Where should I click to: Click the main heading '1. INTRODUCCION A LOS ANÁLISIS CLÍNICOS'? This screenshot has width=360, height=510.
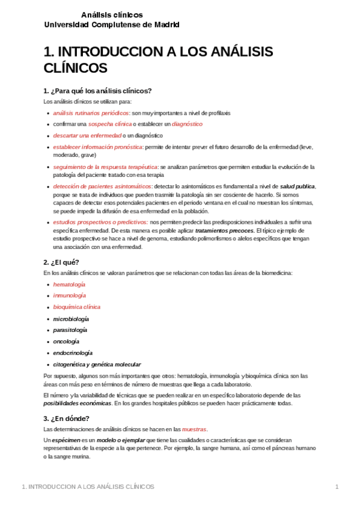coord(159,59)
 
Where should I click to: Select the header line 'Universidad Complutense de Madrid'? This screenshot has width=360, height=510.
coord(112,25)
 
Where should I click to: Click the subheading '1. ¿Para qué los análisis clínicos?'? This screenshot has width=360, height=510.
coord(97,91)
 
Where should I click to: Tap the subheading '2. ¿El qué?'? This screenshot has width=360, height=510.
coord(61,262)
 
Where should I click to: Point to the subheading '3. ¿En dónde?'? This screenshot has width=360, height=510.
coord(66,419)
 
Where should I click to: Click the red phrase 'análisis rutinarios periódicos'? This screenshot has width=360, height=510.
coord(91,112)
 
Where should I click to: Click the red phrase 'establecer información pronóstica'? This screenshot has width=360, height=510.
coord(97,147)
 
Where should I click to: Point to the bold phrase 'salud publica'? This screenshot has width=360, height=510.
coord(297,186)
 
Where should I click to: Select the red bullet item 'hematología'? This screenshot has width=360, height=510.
coord(69,284)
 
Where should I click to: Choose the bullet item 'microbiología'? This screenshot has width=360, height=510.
coord(71,318)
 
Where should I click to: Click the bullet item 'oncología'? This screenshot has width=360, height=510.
coord(66,341)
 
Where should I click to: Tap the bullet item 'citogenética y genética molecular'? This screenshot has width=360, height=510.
coord(97,364)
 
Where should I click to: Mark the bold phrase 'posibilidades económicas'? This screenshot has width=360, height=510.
coord(78,404)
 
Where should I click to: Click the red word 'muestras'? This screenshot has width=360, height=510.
coord(194,429)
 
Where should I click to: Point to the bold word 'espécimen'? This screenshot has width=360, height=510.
coord(67,441)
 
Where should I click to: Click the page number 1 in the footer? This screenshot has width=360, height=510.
coord(337,487)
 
